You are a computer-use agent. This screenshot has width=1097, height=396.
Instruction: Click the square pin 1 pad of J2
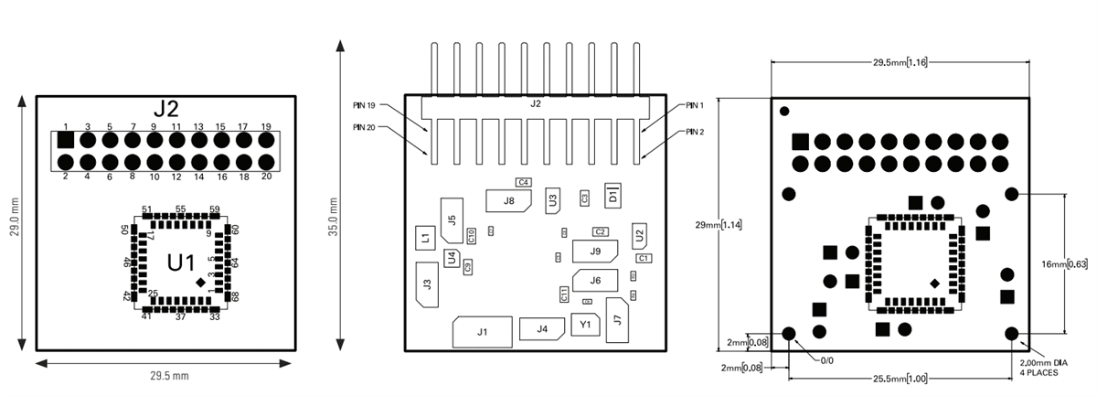point(65,141)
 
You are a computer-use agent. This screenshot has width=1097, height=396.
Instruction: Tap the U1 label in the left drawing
point(181,262)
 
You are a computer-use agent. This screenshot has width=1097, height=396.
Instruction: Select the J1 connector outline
point(482,332)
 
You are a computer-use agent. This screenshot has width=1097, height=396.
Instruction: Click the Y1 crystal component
point(585,324)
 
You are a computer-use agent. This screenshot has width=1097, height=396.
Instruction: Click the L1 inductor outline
point(425,238)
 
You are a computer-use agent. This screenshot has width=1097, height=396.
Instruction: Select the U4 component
point(452,259)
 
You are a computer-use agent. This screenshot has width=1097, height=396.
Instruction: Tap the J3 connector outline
point(427,284)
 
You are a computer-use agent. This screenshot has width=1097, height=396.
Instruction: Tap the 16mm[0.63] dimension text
point(1065,264)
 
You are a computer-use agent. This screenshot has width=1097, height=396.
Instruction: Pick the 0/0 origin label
point(826,360)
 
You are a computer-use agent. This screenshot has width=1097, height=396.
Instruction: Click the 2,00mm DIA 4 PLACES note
point(1043,368)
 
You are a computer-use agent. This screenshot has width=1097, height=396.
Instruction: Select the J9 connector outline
point(595,251)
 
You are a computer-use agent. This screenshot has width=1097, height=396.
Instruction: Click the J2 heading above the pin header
point(165,109)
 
